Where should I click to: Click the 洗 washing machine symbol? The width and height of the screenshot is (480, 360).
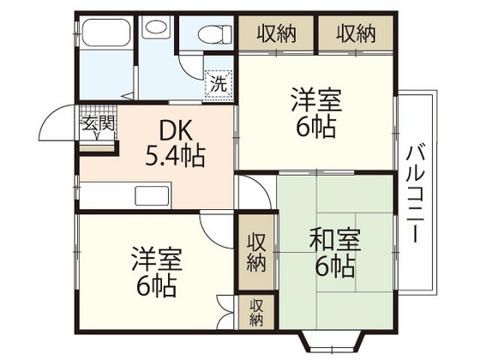pyautogui.click(x=219, y=84)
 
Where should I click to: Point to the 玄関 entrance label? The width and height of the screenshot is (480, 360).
pyautogui.click(x=97, y=122)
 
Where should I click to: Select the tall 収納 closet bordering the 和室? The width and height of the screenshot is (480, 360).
pyautogui.click(x=256, y=252)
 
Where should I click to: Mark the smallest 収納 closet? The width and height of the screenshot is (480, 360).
pyautogui.click(x=256, y=312)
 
